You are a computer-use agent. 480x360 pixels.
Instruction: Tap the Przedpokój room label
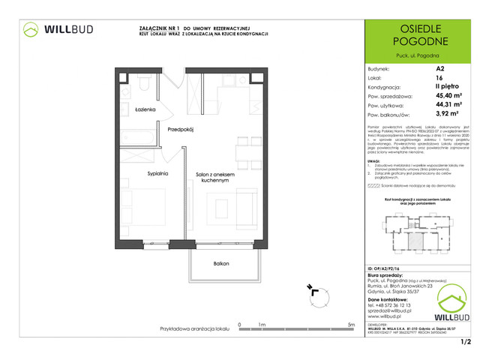[181, 129]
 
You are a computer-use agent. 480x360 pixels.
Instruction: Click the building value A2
[439, 67]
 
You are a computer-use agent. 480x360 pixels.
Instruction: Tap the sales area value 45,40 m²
[449, 96]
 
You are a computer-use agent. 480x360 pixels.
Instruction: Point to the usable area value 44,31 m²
[449, 106]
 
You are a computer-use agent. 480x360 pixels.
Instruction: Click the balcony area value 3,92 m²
[448, 115]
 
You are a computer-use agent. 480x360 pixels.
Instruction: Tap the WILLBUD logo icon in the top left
[31, 29]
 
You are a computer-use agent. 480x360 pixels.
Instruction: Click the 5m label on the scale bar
[352, 325]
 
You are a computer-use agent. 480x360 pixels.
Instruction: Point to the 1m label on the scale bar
[262, 325]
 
